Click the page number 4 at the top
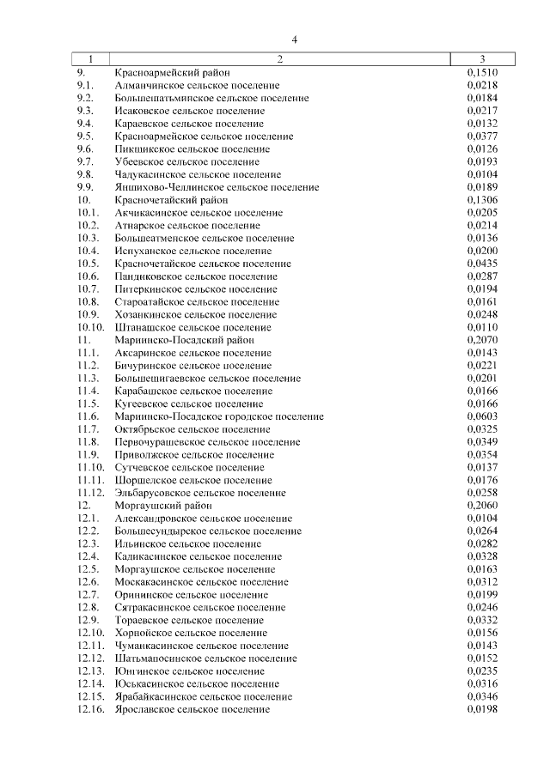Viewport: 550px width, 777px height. (x=294, y=39)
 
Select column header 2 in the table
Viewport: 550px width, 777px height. (x=280, y=59)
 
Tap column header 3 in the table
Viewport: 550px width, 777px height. (x=482, y=59)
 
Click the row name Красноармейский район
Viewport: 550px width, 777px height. (x=172, y=73)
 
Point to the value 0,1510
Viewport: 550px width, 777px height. (x=482, y=73)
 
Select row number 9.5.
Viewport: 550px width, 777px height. (x=85, y=137)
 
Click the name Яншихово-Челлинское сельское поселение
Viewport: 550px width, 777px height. (x=216, y=187)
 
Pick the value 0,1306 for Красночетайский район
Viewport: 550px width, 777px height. (x=482, y=200)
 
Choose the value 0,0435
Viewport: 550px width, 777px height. (x=482, y=264)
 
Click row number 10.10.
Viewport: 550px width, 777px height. (x=90, y=327)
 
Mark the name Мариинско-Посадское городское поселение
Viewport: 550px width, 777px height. (x=219, y=416)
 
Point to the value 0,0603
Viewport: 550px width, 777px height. (x=482, y=416)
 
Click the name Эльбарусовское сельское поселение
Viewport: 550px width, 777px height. (x=200, y=493)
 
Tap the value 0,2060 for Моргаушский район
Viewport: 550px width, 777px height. (x=482, y=506)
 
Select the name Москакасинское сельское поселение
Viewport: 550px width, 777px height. (x=201, y=582)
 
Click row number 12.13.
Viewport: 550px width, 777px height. (x=90, y=671)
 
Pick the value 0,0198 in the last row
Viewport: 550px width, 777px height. (x=482, y=709)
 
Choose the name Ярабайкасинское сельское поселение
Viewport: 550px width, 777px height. (x=203, y=696)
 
